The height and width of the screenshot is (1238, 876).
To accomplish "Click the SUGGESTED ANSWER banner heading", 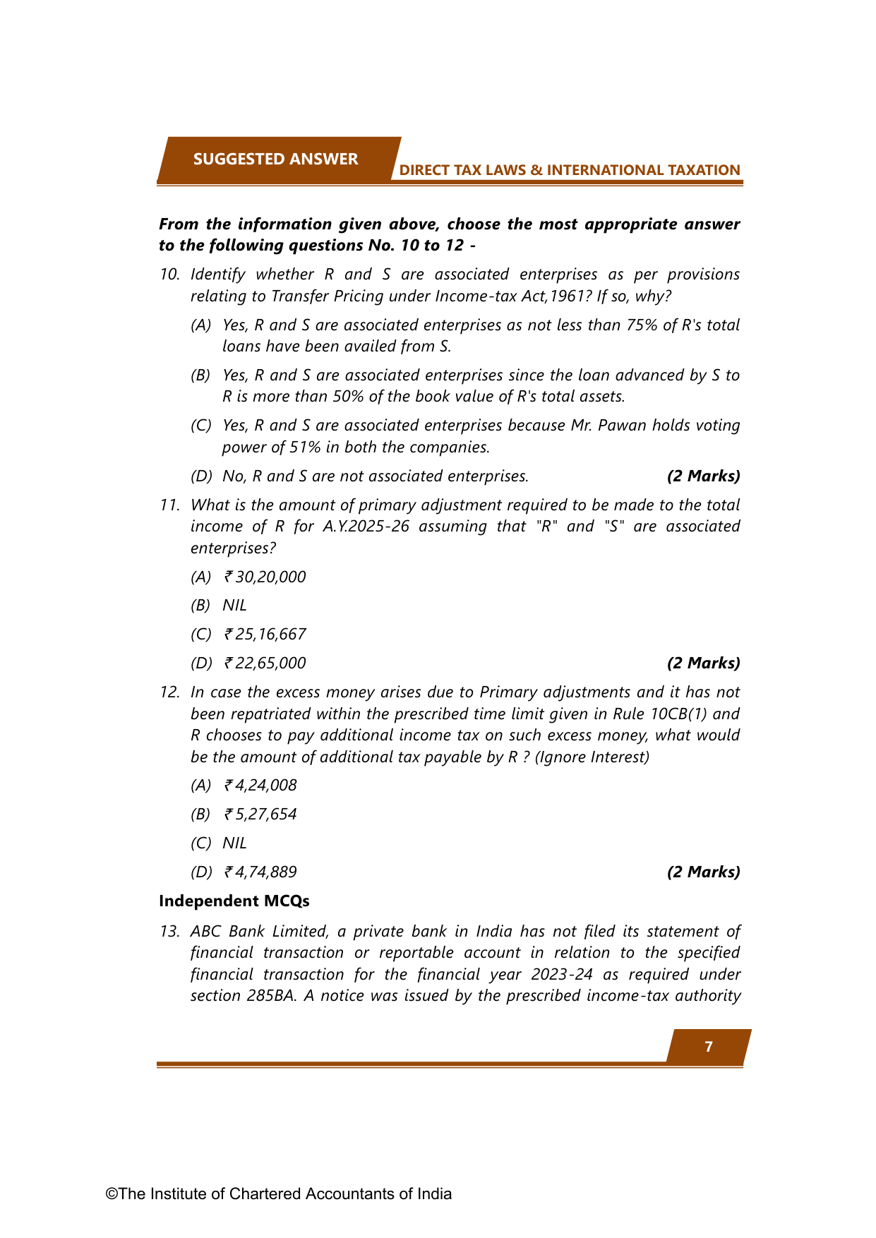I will click(275, 159).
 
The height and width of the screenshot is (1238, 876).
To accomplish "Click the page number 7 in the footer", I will click(709, 1047).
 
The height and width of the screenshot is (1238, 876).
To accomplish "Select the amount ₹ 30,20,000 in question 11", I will click(265, 577).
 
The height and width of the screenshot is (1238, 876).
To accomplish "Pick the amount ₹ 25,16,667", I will click(265, 634).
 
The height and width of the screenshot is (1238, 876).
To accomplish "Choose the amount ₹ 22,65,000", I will click(265, 663).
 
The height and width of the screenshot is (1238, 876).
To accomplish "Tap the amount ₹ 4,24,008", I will click(260, 785).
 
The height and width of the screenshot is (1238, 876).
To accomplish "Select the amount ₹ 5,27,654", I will click(260, 814).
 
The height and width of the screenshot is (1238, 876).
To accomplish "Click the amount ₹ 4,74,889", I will click(260, 872).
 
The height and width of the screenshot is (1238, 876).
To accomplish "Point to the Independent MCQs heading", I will click(234, 901).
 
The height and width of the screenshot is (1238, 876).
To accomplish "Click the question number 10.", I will click(169, 274).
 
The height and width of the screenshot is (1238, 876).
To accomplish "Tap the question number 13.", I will click(169, 931).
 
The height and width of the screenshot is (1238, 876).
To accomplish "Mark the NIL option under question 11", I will click(234, 605).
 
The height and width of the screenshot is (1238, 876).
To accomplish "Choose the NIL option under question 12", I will click(234, 843).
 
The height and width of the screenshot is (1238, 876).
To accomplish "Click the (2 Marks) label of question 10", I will click(703, 476).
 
